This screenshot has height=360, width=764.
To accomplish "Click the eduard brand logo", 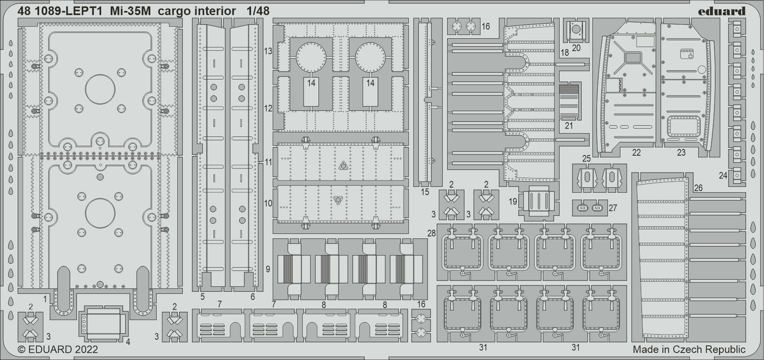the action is pyautogui.click(x=722, y=11).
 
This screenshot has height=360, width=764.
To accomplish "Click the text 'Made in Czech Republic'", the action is pyautogui.click(x=689, y=350).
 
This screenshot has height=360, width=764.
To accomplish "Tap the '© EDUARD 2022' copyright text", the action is pyautogui.click(x=58, y=350).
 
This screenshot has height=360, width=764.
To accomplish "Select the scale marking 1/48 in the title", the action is pyautogui.click(x=258, y=11).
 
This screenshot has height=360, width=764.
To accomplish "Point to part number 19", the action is pyautogui.click(x=513, y=201).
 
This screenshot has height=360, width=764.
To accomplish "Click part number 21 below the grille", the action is pyautogui.click(x=569, y=126).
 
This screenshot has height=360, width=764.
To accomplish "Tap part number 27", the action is pyautogui.click(x=613, y=208).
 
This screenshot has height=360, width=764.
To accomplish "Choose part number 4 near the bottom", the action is pyautogui.click(x=128, y=342).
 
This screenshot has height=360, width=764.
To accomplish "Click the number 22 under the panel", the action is pyautogui.click(x=637, y=153).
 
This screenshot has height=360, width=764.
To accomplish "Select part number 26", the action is pyautogui.click(x=698, y=188).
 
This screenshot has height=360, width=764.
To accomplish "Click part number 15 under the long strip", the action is pyautogui.click(x=425, y=192).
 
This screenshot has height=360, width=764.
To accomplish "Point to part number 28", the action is pyautogui.click(x=431, y=233).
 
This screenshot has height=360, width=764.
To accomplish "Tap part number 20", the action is pyautogui.click(x=576, y=48).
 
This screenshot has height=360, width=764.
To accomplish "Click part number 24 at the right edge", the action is pyautogui.click(x=723, y=176).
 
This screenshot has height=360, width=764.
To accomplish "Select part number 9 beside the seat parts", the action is pyautogui.click(x=268, y=269).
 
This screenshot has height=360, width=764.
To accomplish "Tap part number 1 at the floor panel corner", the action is pyautogui.click(x=45, y=299).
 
